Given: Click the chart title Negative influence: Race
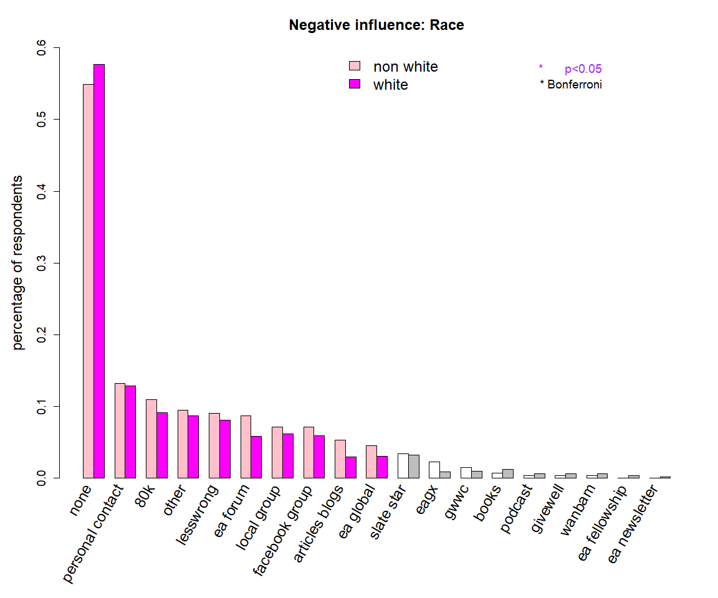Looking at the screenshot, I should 376,26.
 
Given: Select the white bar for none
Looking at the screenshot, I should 99,271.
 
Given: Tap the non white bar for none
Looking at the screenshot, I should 89,281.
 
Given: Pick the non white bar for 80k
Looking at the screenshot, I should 151,439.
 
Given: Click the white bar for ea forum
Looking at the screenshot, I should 256,457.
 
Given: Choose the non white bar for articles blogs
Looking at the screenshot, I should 340,459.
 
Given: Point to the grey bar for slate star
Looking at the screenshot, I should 414,467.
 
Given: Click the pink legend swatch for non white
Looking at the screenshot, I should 355,67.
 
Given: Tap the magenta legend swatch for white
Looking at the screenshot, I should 355,84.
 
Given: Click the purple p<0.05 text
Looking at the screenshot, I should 583,69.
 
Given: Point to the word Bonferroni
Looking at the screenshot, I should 575,85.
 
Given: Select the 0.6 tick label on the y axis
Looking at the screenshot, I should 42,48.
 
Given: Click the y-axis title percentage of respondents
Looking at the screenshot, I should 19,262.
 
